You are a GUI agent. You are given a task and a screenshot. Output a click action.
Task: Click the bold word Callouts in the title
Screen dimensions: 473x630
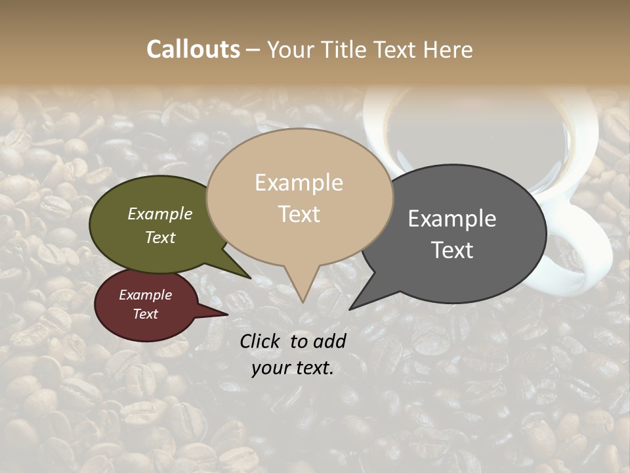193,49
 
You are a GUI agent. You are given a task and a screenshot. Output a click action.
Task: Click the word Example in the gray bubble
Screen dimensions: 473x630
452,219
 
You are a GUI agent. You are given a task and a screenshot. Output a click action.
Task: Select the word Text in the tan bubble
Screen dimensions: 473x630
299,214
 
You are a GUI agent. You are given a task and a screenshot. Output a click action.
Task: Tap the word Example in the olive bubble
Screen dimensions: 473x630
160,214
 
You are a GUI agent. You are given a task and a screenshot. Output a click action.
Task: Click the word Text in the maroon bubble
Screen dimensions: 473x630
145,314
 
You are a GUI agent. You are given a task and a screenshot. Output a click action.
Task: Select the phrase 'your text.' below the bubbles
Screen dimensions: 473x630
293,368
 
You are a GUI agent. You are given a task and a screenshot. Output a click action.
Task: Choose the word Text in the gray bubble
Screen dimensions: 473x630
452,250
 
